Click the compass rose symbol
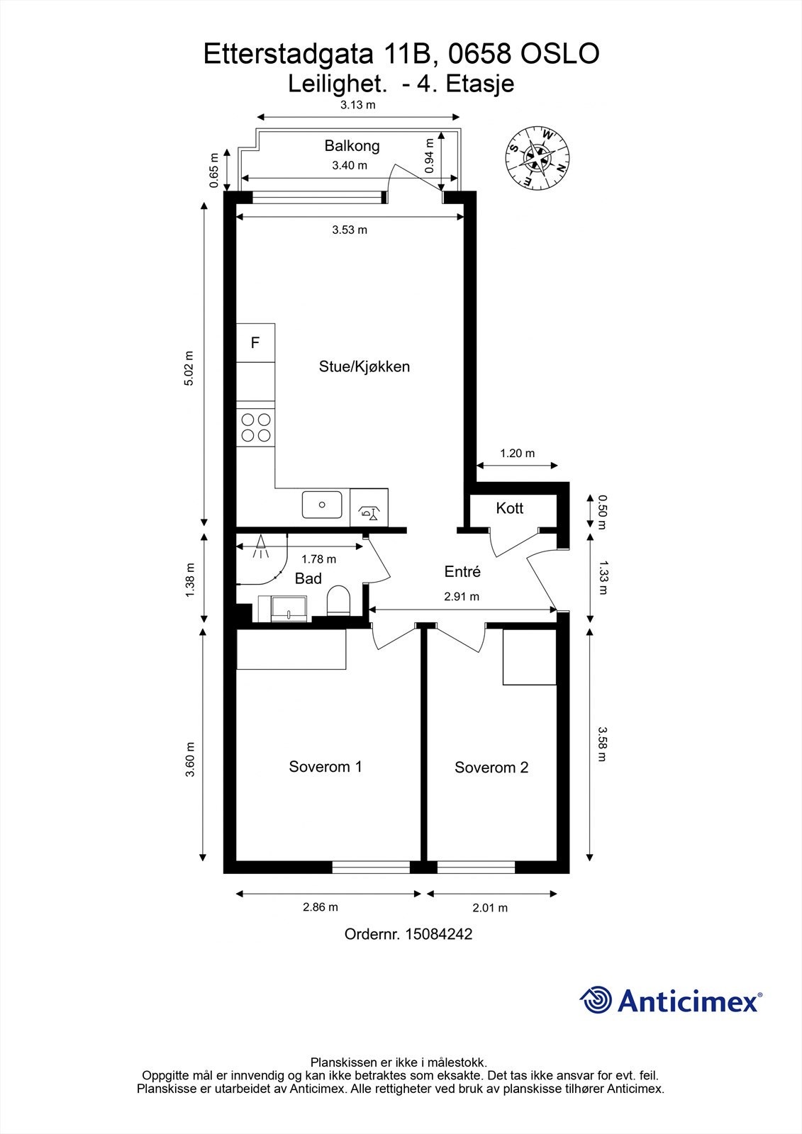pyautogui.click(x=538, y=159)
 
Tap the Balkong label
pyautogui.click(x=352, y=146)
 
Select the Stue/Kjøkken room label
pyautogui.click(x=364, y=366)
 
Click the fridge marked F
pyautogui.click(x=256, y=343)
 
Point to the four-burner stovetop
pyautogui.click(x=256, y=427)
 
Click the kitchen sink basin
pyautogui.click(x=322, y=504)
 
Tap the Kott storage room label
pyautogui.click(x=510, y=507)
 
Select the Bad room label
pyautogui.click(x=308, y=578)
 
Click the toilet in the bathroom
pyautogui.click(x=338, y=600)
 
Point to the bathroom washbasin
pyautogui.click(x=289, y=608)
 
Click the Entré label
pyautogui.click(x=462, y=571)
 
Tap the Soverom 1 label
pyautogui.click(x=325, y=766)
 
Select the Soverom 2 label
pyautogui.click(x=491, y=768)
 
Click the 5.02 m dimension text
pyautogui.click(x=189, y=368)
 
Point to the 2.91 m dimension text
pyautogui.click(x=462, y=596)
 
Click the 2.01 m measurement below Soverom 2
pyautogui.click(x=490, y=908)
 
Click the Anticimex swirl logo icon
pyautogui.click(x=596, y=1000)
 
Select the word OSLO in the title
pyautogui.click(x=560, y=54)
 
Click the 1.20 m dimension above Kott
pyautogui.click(x=517, y=453)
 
